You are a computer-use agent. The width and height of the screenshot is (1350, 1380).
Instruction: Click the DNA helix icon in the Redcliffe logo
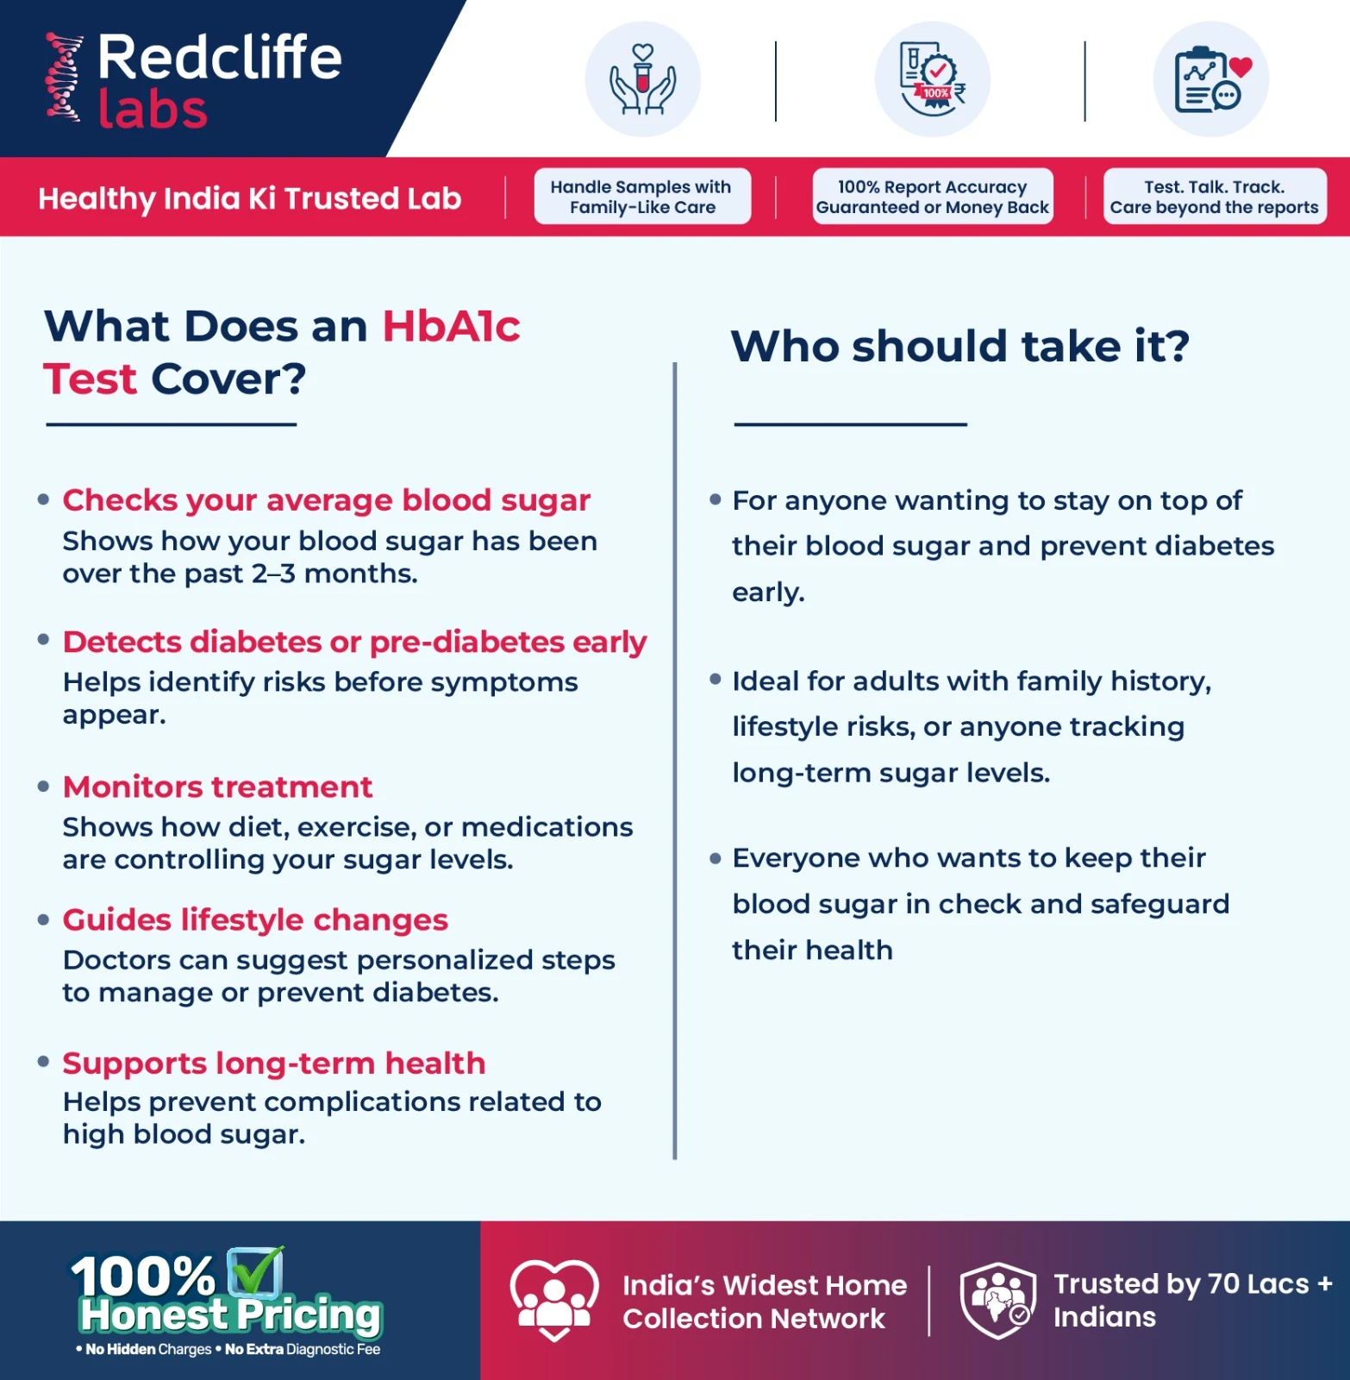[64, 78]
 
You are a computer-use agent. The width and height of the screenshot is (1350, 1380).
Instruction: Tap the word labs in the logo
[153, 110]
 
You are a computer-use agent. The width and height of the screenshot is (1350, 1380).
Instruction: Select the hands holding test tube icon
[642, 79]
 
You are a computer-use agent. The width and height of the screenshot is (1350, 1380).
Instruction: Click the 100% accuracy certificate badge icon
[933, 79]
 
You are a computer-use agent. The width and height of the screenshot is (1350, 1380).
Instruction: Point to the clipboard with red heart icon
[1210, 79]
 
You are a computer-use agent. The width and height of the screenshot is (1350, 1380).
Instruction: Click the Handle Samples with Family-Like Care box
[642, 197]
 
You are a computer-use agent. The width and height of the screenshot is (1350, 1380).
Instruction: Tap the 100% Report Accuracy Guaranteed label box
[933, 197]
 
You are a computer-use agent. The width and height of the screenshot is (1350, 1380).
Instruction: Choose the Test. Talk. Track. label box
[1214, 197]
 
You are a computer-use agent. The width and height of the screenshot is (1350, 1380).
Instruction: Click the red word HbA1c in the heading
[451, 327]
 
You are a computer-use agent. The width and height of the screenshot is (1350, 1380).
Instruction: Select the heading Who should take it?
[959, 347]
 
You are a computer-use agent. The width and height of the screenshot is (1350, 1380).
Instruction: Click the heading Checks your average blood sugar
[326, 500]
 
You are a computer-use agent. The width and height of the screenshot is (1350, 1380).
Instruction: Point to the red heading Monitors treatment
[217, 787]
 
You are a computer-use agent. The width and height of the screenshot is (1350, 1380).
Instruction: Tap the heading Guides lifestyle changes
[255, 920]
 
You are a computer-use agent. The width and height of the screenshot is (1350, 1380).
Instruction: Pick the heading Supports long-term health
[274, 1063]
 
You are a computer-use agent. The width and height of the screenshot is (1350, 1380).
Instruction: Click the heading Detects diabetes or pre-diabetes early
[354, 643]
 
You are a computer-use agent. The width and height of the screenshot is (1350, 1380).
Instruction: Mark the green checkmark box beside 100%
[255, 1271]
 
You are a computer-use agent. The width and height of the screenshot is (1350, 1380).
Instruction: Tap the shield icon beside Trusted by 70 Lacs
[997, 1301]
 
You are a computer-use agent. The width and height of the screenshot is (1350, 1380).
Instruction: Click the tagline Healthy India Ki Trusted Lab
[250, 198]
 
